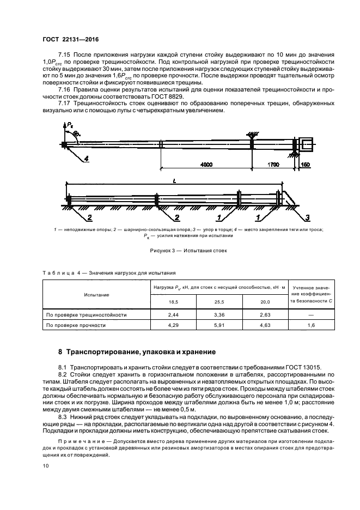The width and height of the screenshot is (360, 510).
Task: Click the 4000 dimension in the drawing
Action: (206, 163)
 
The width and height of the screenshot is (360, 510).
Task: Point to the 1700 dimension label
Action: (273, 163)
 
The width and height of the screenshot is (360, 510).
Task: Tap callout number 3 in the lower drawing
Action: (307, 218)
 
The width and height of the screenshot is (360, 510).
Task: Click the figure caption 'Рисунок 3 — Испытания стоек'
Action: (180, 251)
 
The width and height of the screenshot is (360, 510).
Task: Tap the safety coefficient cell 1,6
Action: (312, 325)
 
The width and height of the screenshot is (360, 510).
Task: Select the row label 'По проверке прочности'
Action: (76, 325)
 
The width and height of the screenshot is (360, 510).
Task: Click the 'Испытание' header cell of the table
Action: (96, 294)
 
